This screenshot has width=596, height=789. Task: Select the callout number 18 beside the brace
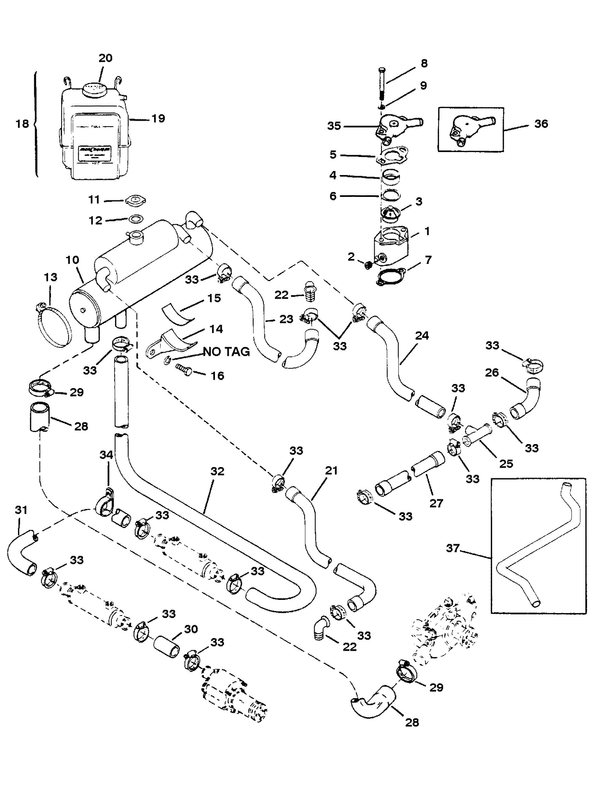[x=22, y=124]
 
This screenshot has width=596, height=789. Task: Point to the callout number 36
[x=541, y=124]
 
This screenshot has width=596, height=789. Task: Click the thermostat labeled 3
[x=392, y=212]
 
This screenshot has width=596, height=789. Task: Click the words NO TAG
[x=226, y=352]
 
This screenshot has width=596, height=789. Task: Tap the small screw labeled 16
[x=184, y=371]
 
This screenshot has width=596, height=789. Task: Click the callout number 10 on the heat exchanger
[x=72, y=260]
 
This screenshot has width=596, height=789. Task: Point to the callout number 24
[x=422, y=336]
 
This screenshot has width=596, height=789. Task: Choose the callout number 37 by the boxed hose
[x=453, y=548]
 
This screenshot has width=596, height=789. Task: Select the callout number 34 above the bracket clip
[x=106, y=455]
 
